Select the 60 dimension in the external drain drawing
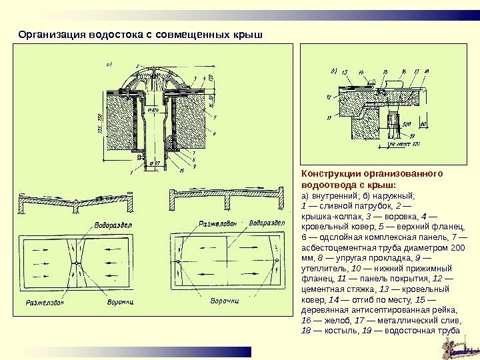(x=423, y=124)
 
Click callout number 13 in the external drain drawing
(x=344, y=71)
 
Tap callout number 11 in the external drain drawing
(x=329, y=118)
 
